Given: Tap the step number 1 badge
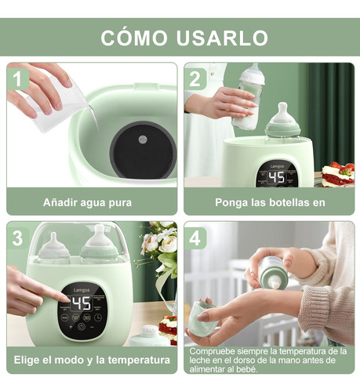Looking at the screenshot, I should coord(19,78).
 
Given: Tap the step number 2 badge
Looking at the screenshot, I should coord(196,78).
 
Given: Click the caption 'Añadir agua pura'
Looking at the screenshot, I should coord(87,202).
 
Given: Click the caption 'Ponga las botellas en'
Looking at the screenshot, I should coord(270,202).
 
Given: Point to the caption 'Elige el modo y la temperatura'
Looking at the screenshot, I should coord(92,360).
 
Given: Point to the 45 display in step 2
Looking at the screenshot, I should coord(275,176).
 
